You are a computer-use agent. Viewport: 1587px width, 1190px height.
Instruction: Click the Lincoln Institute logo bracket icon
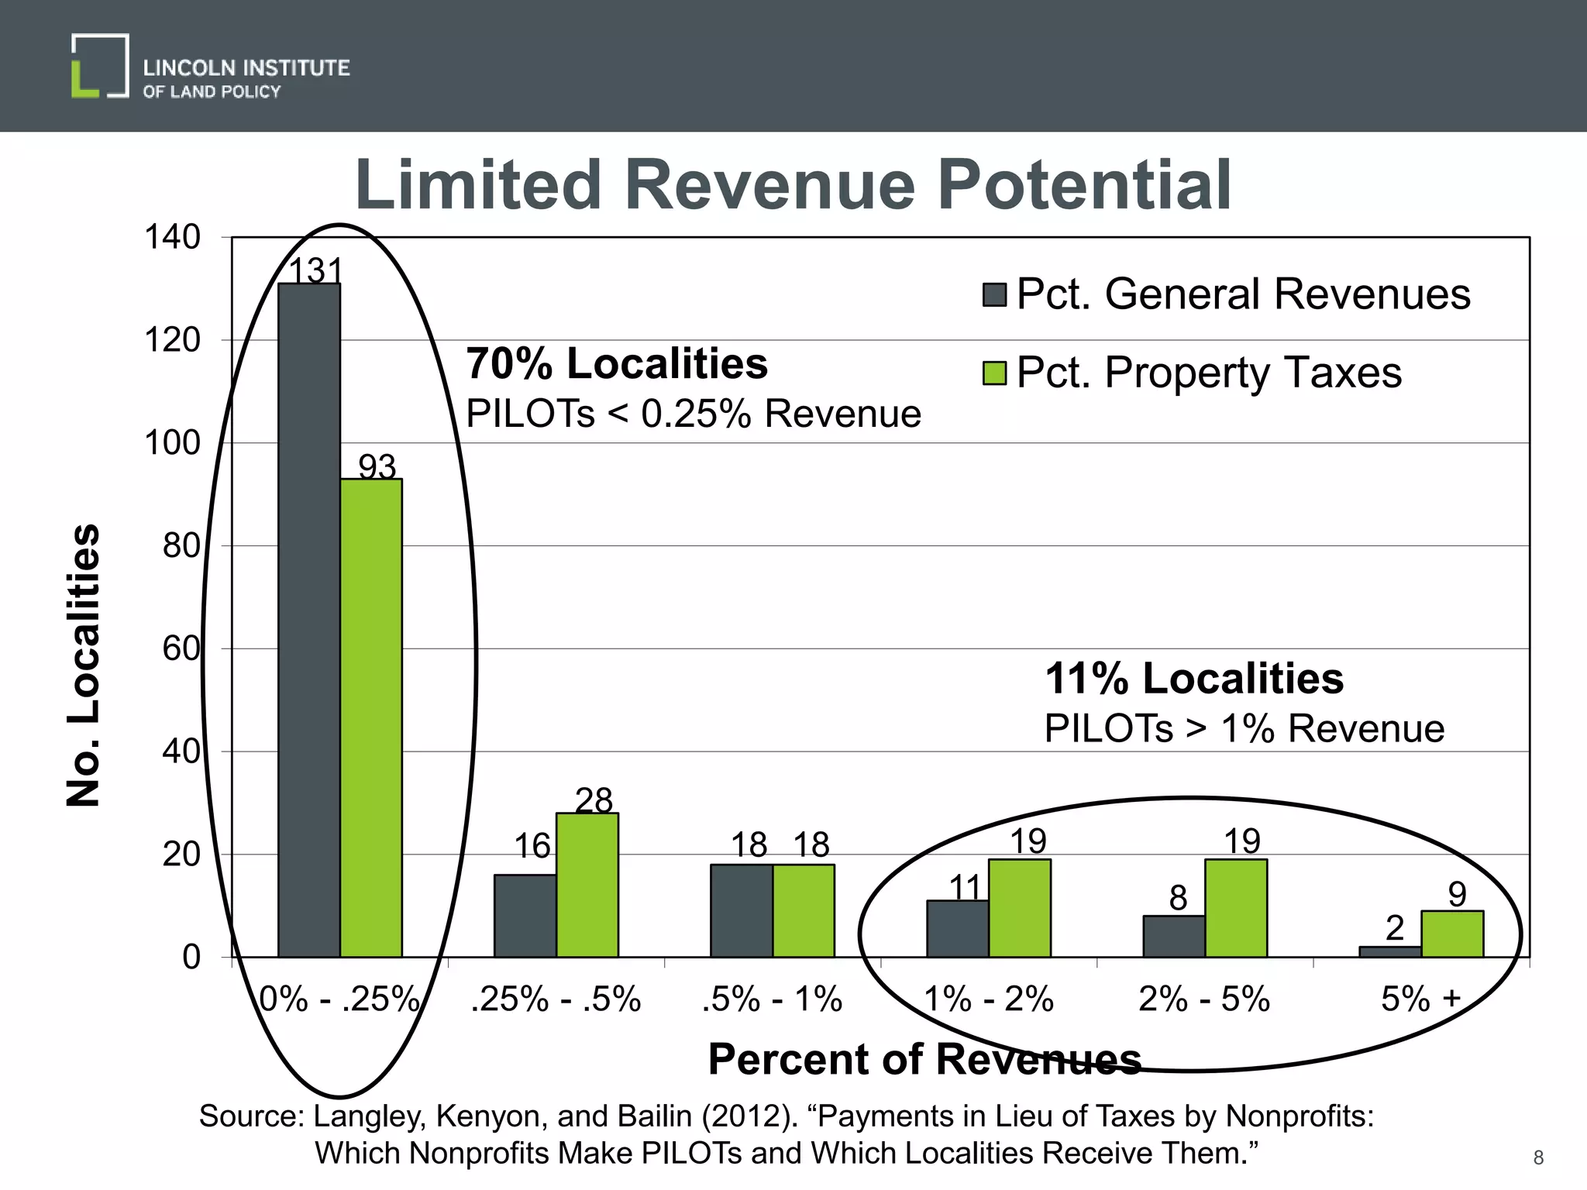point(100,66)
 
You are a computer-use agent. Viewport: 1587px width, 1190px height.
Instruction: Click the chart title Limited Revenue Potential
point(793,186)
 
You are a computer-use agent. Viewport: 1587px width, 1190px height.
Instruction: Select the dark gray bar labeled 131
point(309,620)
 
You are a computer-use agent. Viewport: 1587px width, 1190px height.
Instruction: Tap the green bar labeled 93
point(371,717)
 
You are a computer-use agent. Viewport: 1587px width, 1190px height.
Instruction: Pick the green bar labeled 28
point(587,885)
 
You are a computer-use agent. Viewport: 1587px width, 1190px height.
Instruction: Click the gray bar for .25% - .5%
point(525,916)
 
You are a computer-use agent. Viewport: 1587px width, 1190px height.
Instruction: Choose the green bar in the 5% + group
point(1452,934)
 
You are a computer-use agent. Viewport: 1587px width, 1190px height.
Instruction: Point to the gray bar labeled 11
point(958,928)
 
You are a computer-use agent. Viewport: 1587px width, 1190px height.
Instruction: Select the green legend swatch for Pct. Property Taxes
point(994,373)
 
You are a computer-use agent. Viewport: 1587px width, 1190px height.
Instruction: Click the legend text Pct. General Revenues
point(1243,294)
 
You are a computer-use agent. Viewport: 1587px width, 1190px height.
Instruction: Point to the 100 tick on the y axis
point(172,443)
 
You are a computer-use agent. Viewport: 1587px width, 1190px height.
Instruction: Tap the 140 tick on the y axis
point(172,237)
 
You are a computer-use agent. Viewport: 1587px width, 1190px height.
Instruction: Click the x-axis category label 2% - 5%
point(1204,999)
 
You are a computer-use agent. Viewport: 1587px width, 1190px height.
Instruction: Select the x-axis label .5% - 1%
point(772,999)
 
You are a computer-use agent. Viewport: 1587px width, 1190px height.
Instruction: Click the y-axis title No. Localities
point(84,665)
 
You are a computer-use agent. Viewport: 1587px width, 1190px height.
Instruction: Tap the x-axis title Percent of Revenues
point(924,1058)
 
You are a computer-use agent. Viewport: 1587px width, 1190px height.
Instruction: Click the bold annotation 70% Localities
point(617,363)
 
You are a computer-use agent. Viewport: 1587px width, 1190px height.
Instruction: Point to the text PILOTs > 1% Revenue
point(1244,728)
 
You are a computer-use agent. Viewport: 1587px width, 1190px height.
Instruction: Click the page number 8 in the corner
point(1538,1157)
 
